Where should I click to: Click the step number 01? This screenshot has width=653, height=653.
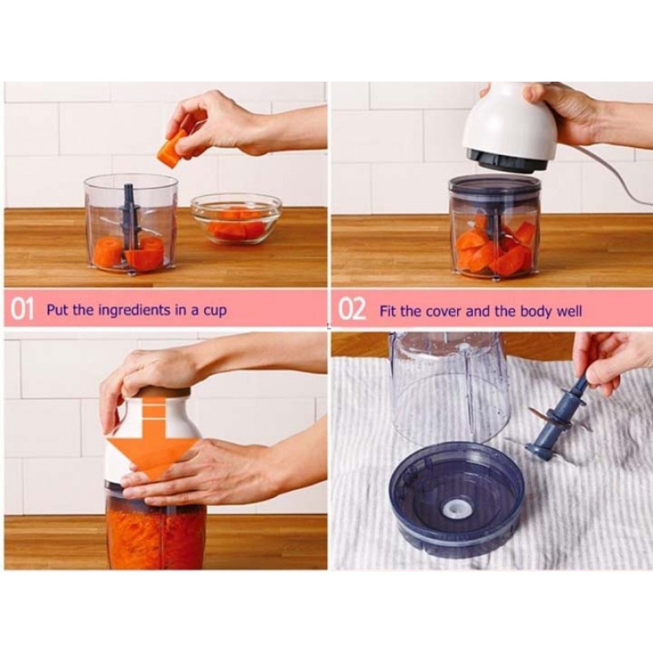tap(22, 310)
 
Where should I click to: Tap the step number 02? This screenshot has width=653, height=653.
tap(352, 310)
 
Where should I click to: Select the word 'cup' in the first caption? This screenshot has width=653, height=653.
tap(215, 312)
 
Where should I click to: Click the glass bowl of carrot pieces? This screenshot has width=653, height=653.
tap(236, 219)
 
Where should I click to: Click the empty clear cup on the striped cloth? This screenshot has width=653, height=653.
tap(450, 389)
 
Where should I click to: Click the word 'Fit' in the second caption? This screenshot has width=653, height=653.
tap(387, 311)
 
